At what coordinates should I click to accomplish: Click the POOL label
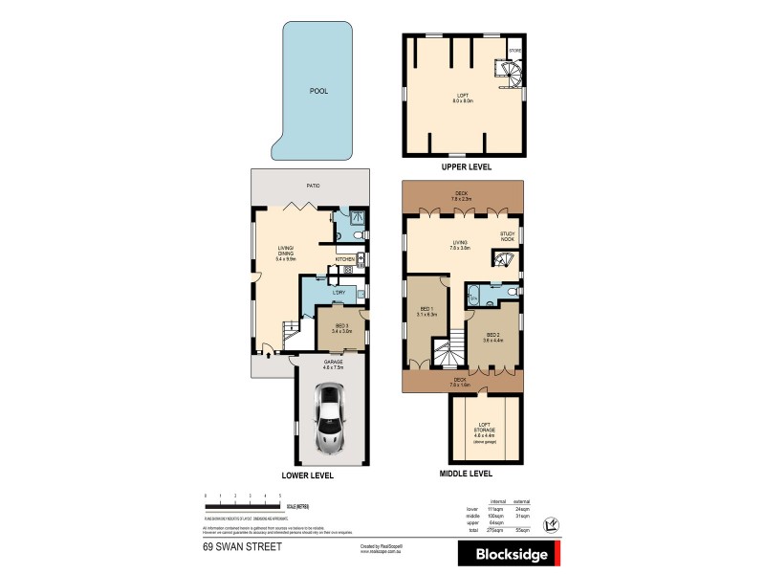coord(318,92)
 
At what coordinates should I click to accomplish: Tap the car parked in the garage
coord(331,417)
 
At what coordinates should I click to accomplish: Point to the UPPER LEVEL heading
coord(466,166)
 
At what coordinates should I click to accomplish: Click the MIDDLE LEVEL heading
coord(467,473)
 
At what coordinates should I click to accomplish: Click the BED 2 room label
coord(492,336)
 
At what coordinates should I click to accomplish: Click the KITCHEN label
coord(344,259)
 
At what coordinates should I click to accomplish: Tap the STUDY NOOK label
coord(507,236)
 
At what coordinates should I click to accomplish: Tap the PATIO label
coord(312,185)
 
